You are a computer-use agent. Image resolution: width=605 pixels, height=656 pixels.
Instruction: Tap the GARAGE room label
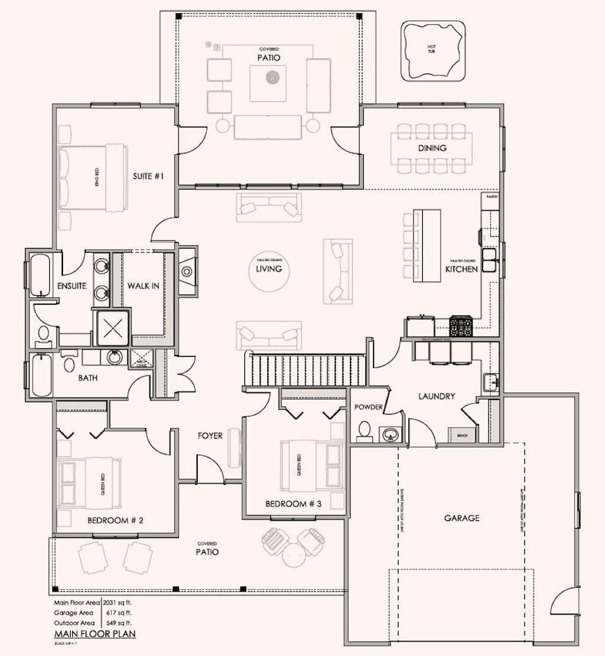coord(461,518)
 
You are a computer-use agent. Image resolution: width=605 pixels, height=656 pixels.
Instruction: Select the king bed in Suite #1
coord(93,177)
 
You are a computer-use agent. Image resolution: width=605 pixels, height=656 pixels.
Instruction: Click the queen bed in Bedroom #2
coord(90,483)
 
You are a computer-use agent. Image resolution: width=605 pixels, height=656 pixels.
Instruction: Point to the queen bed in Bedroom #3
coord(312,466)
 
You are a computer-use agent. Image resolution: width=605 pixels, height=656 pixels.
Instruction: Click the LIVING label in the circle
coord(269,268)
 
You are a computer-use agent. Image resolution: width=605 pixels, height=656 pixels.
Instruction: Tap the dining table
coord(431,148)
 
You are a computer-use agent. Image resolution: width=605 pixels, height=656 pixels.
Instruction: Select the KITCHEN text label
coord(461,270)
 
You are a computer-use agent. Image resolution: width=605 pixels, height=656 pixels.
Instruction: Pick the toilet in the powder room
coord(364,430)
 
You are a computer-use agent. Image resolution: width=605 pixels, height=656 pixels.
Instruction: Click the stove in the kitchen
coord(461,324)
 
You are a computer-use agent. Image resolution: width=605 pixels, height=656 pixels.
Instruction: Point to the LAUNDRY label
coord(436,396)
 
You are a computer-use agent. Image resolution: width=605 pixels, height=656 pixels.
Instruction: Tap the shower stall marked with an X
coord(113,325)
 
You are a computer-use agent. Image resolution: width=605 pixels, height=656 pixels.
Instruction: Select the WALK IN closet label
coord(143,285)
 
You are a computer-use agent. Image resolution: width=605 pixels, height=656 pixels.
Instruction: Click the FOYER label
coord(210,436)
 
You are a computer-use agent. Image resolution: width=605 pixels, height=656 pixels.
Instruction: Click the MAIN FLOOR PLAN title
coord(94,634)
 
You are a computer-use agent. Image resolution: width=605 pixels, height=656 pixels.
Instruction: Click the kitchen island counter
coord(430,245)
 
